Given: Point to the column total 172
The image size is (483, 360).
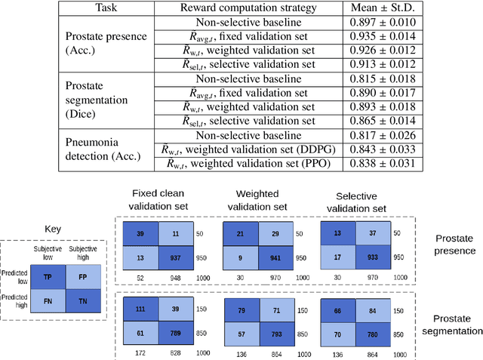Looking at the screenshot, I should tap(140, 352).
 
